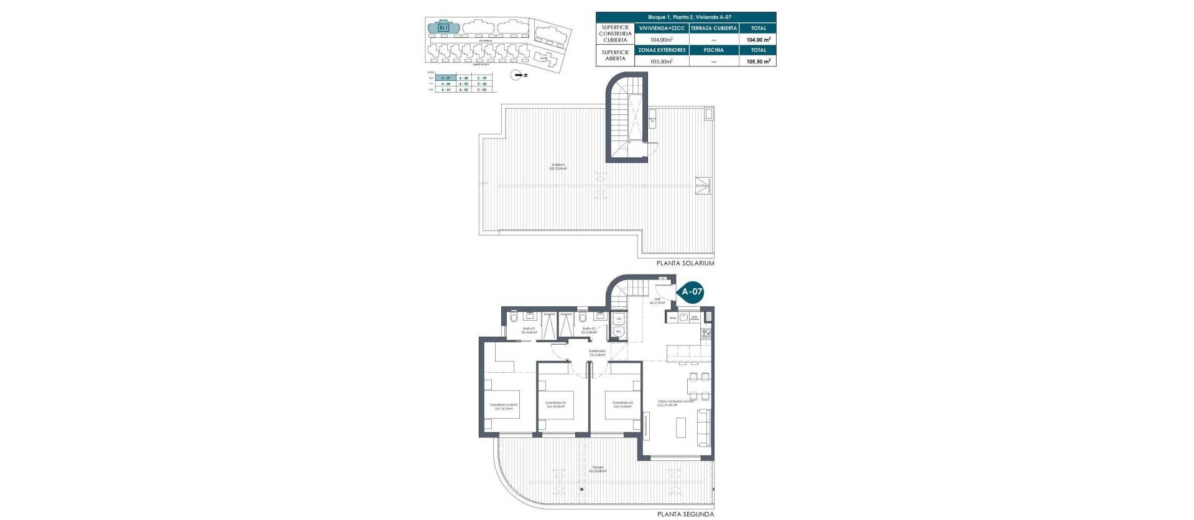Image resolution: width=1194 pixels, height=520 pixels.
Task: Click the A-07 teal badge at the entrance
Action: tap(692, 291)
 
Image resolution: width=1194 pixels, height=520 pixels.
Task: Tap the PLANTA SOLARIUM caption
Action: tap(685, 263)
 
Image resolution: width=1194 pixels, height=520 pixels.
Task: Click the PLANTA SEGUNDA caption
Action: tap(685, 514)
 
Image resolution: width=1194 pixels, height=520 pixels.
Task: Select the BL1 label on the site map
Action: tap(443, 28)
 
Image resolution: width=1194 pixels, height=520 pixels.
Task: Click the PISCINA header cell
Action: tap(714, 50)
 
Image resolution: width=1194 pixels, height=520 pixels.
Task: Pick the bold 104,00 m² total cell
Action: tap(758, 40)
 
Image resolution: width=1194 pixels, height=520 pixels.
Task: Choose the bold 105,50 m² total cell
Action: tap(758, 62)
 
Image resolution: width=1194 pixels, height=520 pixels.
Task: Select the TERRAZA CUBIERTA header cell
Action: tap(714, 29)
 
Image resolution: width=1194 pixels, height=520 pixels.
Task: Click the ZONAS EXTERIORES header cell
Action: tap(662, 50)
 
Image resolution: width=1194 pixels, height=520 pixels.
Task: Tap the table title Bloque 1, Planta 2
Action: tap(686, 17)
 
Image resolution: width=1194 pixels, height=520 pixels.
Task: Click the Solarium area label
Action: tap(558, 166)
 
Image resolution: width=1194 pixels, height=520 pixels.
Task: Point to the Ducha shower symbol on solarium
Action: tap(703, 186)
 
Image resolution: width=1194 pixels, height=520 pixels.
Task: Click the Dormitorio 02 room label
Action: tap(555, 404)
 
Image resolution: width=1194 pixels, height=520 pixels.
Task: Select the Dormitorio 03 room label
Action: tap(622, 404)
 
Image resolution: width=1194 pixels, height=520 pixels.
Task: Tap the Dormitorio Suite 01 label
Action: tap(504, 406)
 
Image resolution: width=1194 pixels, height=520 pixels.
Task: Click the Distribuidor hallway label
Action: tap(597, 352)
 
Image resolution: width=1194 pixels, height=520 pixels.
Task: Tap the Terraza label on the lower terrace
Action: tap(598, 469)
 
